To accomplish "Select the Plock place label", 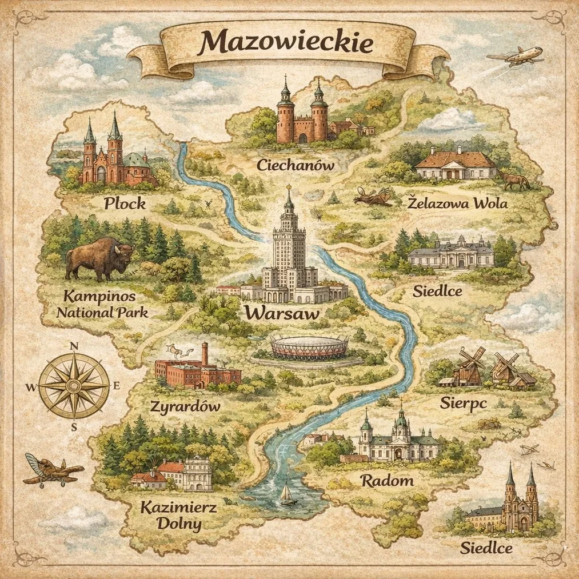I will pyautogui.click(x=125, y=203).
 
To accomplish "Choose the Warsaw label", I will pyautogui.click(x=281, y=313).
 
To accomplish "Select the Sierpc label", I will pyautogui.click(x=463, y=402).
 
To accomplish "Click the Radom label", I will pyautogui.click(x=387, y=480).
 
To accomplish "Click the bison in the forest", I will pyautogui.click(x=100, y=258).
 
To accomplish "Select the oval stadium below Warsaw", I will pyautogui.click(x=309, y=348).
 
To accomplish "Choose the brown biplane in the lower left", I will pyautogui.click(x=52, y=469).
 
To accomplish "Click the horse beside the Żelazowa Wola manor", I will pyautogui.click(x=516, y=181).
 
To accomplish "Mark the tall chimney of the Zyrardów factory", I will pyautogui.click(x=204, y=354).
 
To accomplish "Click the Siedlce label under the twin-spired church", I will pyautogui.click(x=486, y=549).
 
